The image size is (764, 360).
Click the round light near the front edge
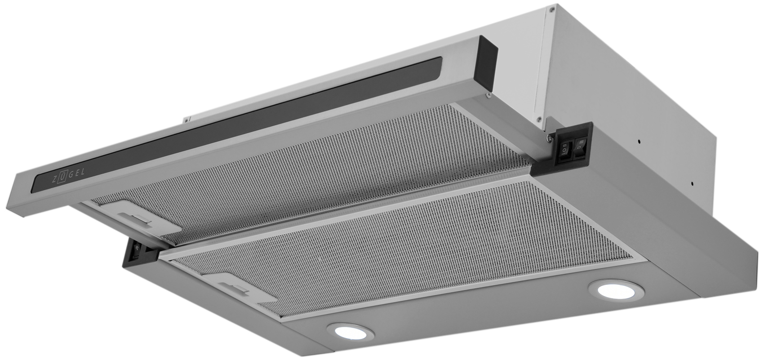[350, 331]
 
